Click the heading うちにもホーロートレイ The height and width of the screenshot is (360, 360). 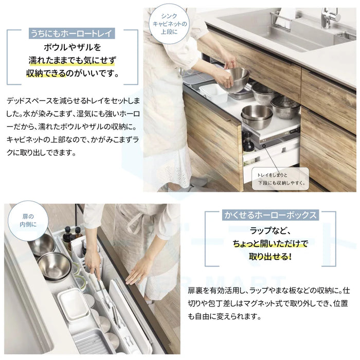[72, 34]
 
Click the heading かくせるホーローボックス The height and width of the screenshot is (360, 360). [270, 215]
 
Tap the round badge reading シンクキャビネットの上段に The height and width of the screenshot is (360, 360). [169, 24]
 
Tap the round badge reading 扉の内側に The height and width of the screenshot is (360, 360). [28, 221]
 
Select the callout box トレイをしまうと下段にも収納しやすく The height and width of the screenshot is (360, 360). [280, 179]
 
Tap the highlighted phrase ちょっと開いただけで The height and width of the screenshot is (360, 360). [270, 243]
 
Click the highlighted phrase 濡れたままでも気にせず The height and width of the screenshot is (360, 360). [72, 60]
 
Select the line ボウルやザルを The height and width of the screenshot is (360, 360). [72, 47]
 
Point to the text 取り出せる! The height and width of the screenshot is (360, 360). [270, 257]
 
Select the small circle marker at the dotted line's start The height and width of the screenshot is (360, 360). [264, 146]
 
